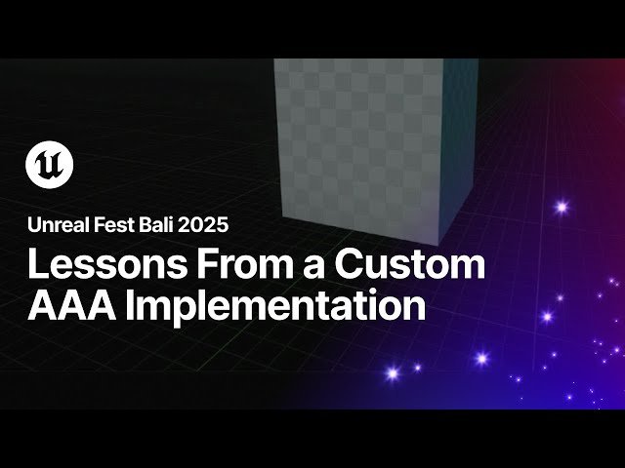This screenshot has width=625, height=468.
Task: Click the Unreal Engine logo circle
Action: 50,164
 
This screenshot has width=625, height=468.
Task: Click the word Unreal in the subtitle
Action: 55,225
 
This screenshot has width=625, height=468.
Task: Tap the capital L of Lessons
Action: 36,266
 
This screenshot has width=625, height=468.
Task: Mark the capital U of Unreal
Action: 33,225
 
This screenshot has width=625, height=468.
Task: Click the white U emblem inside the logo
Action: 50,164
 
